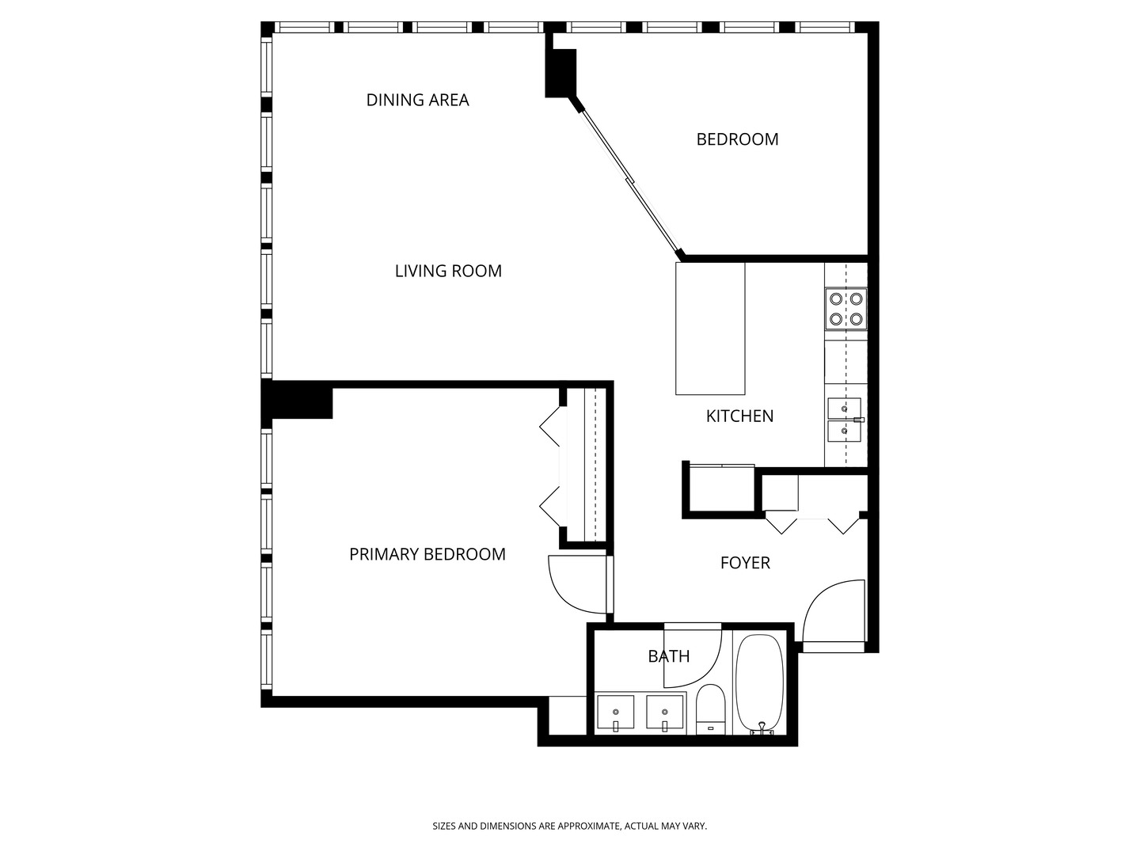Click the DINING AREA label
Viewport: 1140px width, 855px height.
click(417, 100)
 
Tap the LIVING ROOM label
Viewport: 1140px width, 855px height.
click(448, 271)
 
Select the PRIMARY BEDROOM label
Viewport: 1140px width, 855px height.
click(427, 554)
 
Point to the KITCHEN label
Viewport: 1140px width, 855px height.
click(739, 416)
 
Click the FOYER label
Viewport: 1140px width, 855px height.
click(745, 563)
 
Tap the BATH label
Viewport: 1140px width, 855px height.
click(669, 656)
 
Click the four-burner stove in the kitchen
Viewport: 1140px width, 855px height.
click(845, 309)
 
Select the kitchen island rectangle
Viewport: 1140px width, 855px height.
click(710, 329)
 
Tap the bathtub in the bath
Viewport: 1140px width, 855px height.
click(759, 684)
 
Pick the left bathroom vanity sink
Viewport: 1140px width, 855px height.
click(615, 714)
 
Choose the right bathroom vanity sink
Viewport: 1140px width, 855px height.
click(665, 714)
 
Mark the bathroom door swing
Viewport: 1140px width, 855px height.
click(690, 657)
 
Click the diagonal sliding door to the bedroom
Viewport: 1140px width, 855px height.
click(630, 183)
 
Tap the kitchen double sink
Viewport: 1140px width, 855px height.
click(845, 420)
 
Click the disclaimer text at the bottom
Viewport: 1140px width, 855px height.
click(569, 826)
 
